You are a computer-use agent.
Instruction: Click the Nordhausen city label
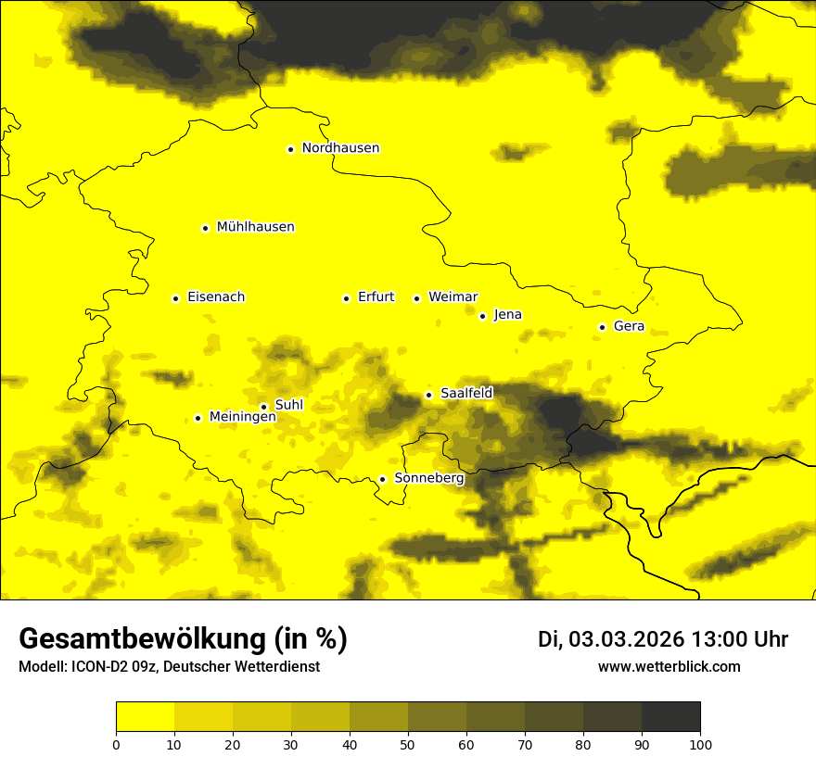pos(340,148)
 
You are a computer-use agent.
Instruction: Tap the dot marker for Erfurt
pos(346,298)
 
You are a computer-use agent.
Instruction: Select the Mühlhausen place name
pos(255,227)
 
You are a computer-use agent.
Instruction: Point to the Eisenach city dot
pos(175,298)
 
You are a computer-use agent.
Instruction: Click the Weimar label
pos(453,297)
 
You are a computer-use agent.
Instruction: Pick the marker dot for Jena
pos(482,316)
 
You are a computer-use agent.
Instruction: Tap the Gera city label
pos(629,326)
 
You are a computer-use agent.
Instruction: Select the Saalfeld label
pos(466,394)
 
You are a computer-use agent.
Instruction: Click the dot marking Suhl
pos(263,406)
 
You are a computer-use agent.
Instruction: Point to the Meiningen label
pos(243,418)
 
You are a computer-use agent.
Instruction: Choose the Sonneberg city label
pos(429,479)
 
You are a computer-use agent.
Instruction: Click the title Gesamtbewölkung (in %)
pos(183,639)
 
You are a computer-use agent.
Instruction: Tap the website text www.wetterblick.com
pos(669,666)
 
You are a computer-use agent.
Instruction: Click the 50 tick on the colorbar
pos(408,744)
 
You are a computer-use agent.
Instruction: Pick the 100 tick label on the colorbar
pos(700,744)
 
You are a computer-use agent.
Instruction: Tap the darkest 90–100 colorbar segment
pos(670,717)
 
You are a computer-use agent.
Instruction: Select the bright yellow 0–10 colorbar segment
pos(145,717)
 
